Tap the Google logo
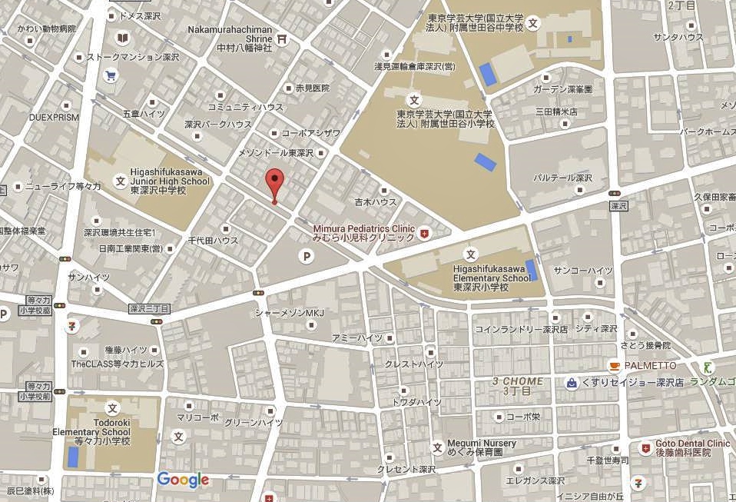(x=183, y=480)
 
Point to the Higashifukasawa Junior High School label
(x=169, y=182)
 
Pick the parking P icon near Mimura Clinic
(x=307, y=258)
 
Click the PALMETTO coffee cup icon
(x=613, y=365)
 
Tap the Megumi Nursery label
(x=482, y=447)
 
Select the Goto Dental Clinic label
(x=691, y=448)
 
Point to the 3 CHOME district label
(x=518, y=386)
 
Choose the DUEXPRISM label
(x=54, y=118)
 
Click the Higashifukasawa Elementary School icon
(x=471, y=254)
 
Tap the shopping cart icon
(x=111, y=75)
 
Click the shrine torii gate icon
(x=283, y=38)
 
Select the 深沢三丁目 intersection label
(x=148, y=309)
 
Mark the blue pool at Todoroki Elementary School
(x=73, y=457)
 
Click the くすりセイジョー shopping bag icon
(x=571, y=382)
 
